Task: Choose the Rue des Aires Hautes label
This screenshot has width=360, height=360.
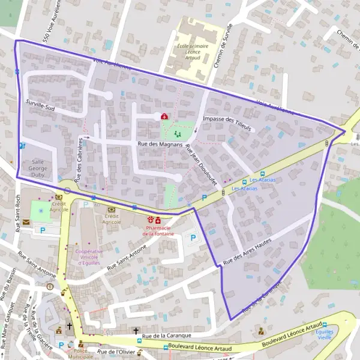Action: [x=247, y=251]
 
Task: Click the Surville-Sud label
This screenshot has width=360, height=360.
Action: [x=40, y=106]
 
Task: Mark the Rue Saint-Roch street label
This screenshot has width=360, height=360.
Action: [x=18, y=212]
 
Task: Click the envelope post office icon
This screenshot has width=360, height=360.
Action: [x=27, y=222]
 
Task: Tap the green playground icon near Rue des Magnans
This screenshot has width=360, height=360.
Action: [x=176, y=134]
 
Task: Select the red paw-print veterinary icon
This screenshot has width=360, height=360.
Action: [x=150, y=220]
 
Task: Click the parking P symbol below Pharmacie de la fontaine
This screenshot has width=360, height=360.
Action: [x=192, y=238]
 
